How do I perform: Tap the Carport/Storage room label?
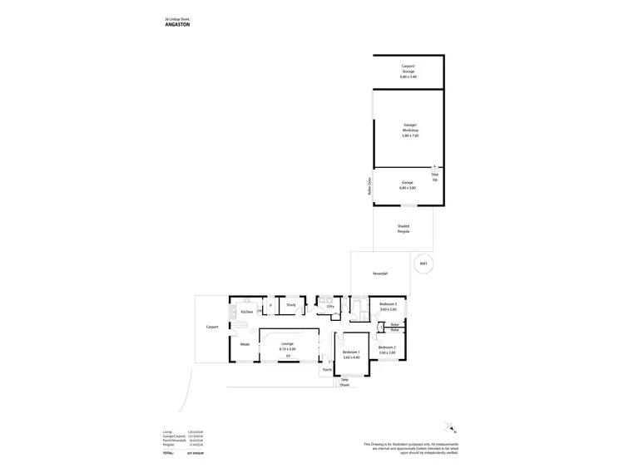pyautogui.click(x=409, y=69)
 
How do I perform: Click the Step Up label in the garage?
pyautogui.click(x=434, y=176)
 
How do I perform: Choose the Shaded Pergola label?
pyautogui.click(x=404, y=229)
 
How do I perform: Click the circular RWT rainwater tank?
pyautogui.click(x=423, y=264)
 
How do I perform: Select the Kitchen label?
pyautogui.click(x=247, y=312)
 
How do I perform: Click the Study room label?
pyautogui.click(x=291, y=306)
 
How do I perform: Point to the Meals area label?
pyautogui.click(x=245, y=344)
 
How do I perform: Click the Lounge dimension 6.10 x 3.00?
pyautogui.click(x=288, y=349)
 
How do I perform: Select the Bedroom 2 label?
pyautogui.click(x=388, y=349)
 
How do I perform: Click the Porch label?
pyautogui.click(x=328, y=370)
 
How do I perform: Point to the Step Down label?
pyautogui.click(x=344, y=383)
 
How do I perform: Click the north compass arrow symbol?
pyautogui.click(x=451, y=427)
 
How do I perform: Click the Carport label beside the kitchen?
pyautogui.click(x=212, y=328)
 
